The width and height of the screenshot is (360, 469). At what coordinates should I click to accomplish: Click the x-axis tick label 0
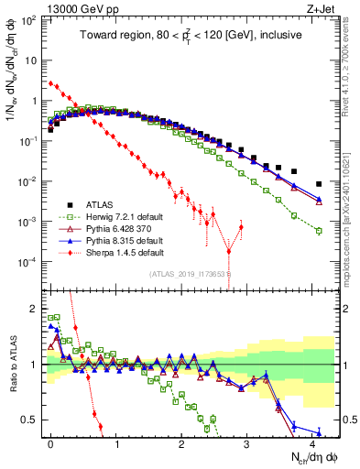[50, 442]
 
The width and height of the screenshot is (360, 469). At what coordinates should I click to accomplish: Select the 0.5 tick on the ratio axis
[34, 420]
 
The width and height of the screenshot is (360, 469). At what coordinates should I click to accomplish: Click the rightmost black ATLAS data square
[319, 184]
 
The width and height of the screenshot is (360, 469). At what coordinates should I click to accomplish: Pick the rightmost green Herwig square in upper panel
[319, 231]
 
